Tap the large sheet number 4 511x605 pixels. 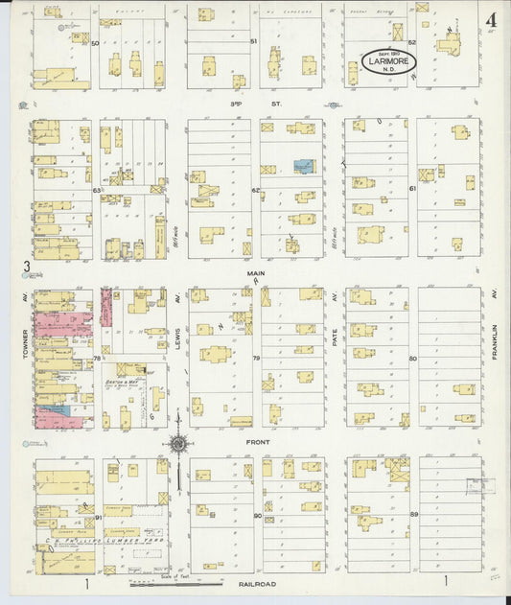click(x=490, y=19)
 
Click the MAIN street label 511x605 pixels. click(x=255, y=272)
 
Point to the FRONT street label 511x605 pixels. click(x=256, y=442)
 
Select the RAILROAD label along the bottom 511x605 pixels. click(x=256, y=582)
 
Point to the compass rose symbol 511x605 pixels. click(x=178, y=443)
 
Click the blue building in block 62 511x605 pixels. click(x=304, y=166)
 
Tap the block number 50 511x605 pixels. click(x=95, y=42)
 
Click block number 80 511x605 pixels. click(x=413, y=360)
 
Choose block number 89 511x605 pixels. click(x=414, y=515)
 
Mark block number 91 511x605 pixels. click(x=99, y=517)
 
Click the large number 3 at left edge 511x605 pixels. click(x=28, y=267)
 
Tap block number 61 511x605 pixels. click(x=412, y=189)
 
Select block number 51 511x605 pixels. click(x=254, y=42)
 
